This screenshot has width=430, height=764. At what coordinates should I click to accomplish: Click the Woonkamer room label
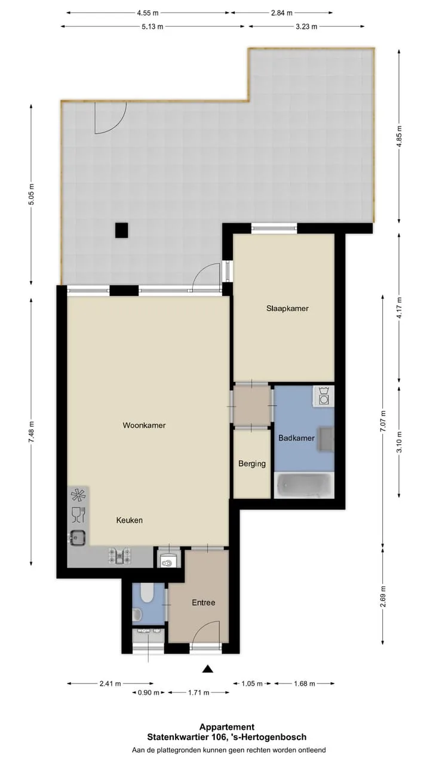point(144,426)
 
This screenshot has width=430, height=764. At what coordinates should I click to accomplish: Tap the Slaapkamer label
point(287,309)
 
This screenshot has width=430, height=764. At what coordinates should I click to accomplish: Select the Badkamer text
point(296,438)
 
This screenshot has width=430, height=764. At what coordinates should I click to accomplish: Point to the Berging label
point(252,464)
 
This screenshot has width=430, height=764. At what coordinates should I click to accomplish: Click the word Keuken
point(130,520)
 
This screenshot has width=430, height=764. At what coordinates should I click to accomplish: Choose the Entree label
point(204,603)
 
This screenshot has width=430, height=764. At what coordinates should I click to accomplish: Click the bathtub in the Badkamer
point(305,485)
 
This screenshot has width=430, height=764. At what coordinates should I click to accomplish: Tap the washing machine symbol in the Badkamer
point(324,396)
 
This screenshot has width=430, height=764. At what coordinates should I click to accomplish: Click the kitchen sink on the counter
point(77,538)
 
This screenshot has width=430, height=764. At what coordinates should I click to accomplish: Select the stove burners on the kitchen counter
point(120,556)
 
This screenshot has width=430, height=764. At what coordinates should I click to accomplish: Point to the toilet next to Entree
point(148,594)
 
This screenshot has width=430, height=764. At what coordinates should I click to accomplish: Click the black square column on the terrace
point(121,230)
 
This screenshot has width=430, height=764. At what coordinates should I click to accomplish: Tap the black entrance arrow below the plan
point(207,669)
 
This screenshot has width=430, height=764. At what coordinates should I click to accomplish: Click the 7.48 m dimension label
point(32,432)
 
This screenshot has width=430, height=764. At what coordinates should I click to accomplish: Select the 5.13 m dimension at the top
point(152,27)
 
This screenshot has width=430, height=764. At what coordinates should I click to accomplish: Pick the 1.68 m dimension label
point(305,683)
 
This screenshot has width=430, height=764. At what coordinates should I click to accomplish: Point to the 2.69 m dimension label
point(383,596)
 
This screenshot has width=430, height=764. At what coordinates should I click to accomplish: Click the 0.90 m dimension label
point(149,693)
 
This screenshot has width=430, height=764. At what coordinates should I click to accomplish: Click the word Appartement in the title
point(227,727)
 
